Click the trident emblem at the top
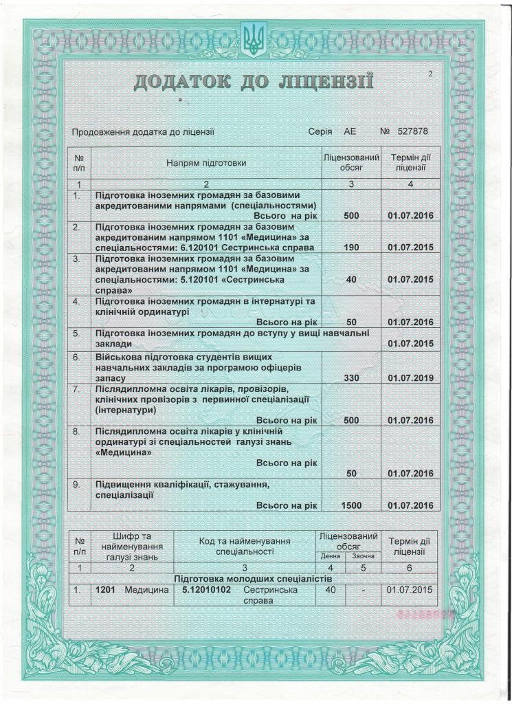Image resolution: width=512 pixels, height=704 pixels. coord(256,38)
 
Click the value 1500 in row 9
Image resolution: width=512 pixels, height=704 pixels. coord(351,505)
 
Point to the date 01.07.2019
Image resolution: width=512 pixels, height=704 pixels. coord(410,377)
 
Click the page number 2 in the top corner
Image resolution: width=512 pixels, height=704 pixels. coord(429,74)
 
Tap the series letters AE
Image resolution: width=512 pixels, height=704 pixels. coord(350,131)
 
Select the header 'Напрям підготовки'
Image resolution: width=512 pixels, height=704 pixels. coord(205,163)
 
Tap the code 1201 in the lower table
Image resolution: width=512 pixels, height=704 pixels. coord(104,589)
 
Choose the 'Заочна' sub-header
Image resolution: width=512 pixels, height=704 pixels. coord(364,555)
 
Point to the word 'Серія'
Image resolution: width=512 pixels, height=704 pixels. coord(320,131)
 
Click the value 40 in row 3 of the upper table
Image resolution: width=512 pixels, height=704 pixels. coord(351,280)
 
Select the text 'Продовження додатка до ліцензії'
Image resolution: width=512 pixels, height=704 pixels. coord(144,131)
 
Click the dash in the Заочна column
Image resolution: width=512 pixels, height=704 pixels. coord(364,590)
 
